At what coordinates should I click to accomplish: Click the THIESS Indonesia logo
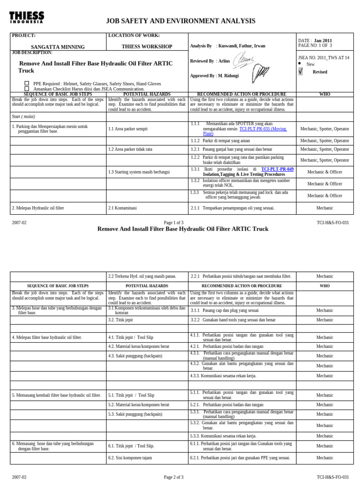click(26, 18)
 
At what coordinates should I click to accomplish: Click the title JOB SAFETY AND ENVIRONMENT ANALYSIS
click(180, 21)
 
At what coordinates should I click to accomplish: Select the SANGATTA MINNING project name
click(58, 47)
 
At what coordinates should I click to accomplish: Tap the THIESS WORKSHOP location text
click(147, 47)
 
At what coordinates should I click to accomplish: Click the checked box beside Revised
click(300, 72)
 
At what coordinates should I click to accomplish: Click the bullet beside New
click(300, 63)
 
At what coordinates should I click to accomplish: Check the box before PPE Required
click(27, 83)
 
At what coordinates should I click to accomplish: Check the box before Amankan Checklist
click(27, 89)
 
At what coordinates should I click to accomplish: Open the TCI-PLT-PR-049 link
click(277, 169)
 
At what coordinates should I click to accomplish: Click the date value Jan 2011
click(322, 41)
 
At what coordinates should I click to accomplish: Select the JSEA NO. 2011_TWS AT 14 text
click(323, 58)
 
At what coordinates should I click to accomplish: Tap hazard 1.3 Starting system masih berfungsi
click(139, 172)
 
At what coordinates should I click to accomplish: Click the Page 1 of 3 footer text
click(173, 223)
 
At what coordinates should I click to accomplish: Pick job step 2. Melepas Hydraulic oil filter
click(38, 208)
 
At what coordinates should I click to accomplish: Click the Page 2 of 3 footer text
click(173, 477)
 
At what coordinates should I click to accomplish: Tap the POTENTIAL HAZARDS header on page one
click(147, 94)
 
